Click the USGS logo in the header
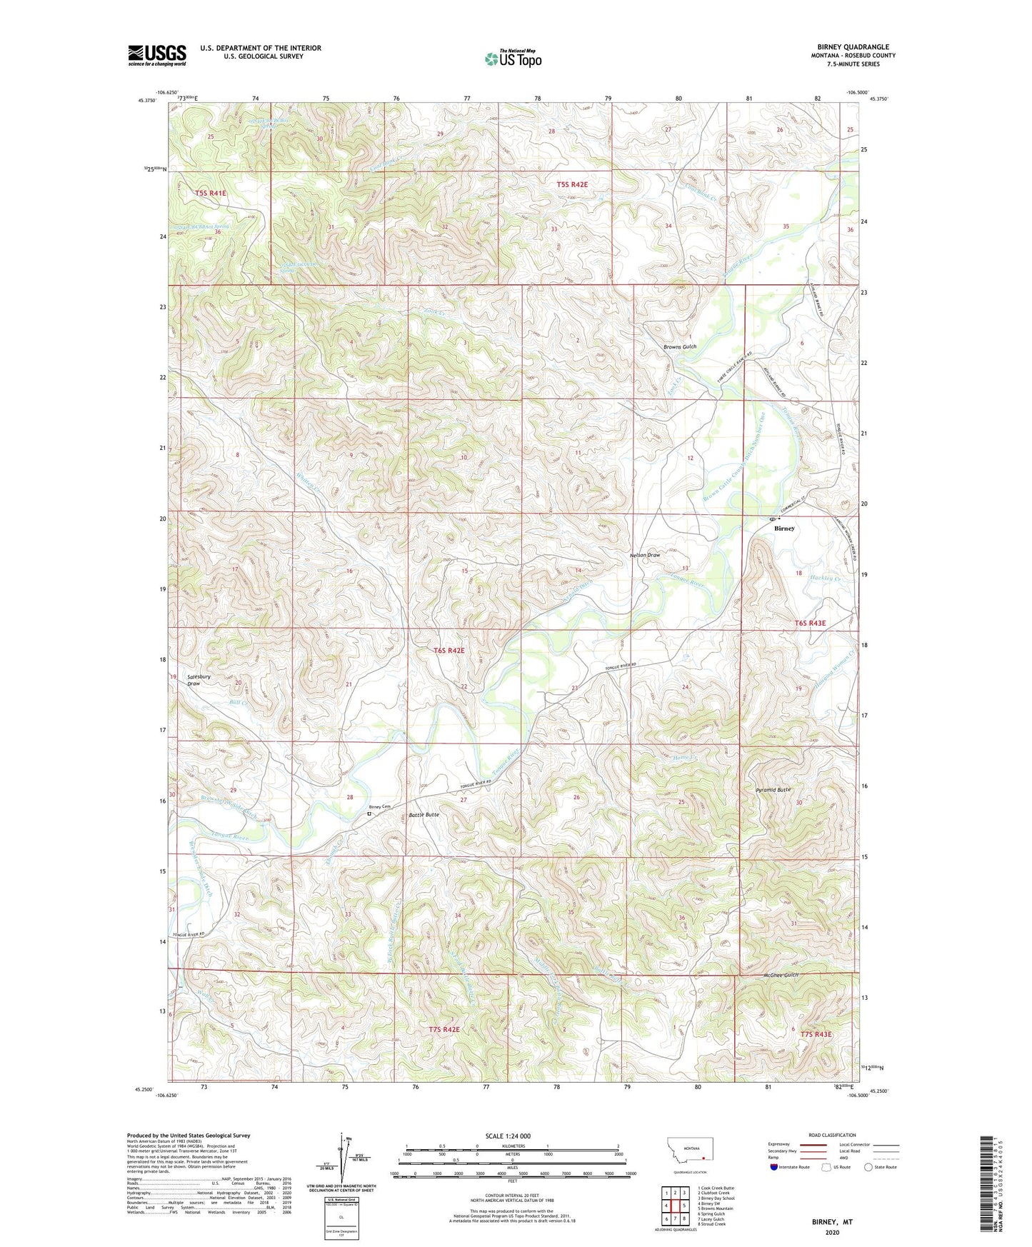click(157, 54)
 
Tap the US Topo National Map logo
click(512, 59)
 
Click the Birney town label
click(783, 529)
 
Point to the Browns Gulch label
click(679, 347)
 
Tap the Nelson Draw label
click(644, 554)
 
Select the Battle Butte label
click(424, 815)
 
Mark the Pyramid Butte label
click(773, 790)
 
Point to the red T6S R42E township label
click(449, 651)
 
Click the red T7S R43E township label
click(816, 1034)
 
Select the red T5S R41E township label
click(210, 193)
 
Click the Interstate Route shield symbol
click(774, 1167)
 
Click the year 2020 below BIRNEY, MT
click(832, 1232)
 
